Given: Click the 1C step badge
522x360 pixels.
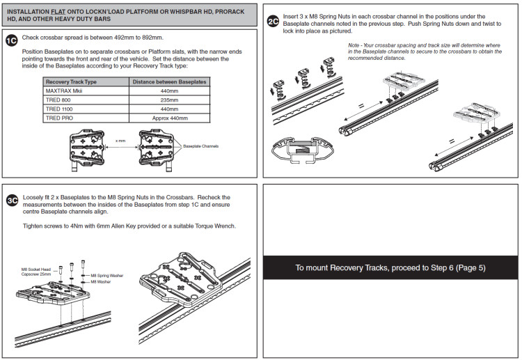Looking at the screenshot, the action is pyautogui.click(x=12, y=41).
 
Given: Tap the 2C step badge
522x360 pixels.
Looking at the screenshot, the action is pyautogui.click(x=273, y=22).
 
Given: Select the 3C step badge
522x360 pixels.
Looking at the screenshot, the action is pyautogui.click(x=13, y=201).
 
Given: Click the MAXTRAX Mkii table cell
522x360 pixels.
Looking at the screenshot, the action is pyautogui.click(x=86, y=91).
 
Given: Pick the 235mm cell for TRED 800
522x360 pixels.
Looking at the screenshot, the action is pyautogui.click(x=169, y=100).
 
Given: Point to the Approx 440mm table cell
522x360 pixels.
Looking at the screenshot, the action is pyautogui.click(x=169, y=118).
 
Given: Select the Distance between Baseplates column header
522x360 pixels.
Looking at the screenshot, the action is pyautogui.click(x=169, y=82).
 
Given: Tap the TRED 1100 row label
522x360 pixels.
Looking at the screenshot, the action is pyautogui.click(x=59, y=109).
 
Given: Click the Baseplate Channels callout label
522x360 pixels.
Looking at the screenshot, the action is pyautogui.click(x=200, y=146).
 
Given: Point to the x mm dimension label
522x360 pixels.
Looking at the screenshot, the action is pyautogui.click(x=120, y=141).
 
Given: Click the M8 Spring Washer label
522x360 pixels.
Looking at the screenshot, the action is pyautogui.click(x=107, y=276).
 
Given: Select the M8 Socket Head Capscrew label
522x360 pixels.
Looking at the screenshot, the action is pyautogui.click(x=36, y=272).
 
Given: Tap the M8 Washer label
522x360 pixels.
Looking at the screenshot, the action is pyautogui.click(x=101, y=282).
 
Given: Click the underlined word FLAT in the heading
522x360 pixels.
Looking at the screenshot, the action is pyautogui.click(x=58, y=12).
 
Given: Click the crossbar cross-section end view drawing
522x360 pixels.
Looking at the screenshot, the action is pyautogui.click(x=302, y=150).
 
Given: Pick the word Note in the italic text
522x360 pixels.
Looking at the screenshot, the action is pyautogui.click(x=354, y=45).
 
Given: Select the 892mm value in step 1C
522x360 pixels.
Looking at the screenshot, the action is pyautogui.click(x=152, y=38).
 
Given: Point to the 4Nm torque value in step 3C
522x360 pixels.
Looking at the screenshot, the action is pyautogui.click(x=77, y=226).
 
